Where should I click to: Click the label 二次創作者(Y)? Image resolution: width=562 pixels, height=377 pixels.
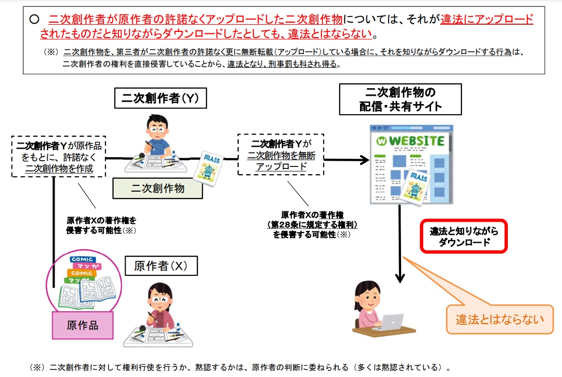click(x=160, y=99)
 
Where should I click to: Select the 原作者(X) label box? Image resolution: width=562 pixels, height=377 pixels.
click(x=160, y=266)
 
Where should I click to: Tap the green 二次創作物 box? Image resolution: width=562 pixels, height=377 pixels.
click(x=158, y=188)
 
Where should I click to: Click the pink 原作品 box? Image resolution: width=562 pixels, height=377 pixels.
click(x=82, y=325)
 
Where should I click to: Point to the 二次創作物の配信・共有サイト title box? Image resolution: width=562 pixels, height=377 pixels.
click(x=400, y=99)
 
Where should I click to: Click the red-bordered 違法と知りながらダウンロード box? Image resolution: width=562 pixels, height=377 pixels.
click(x=463, y=237)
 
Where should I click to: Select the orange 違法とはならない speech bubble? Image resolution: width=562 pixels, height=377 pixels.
click(x=500, y=319)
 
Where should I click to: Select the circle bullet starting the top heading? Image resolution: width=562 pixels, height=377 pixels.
click(x=34, y=19)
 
